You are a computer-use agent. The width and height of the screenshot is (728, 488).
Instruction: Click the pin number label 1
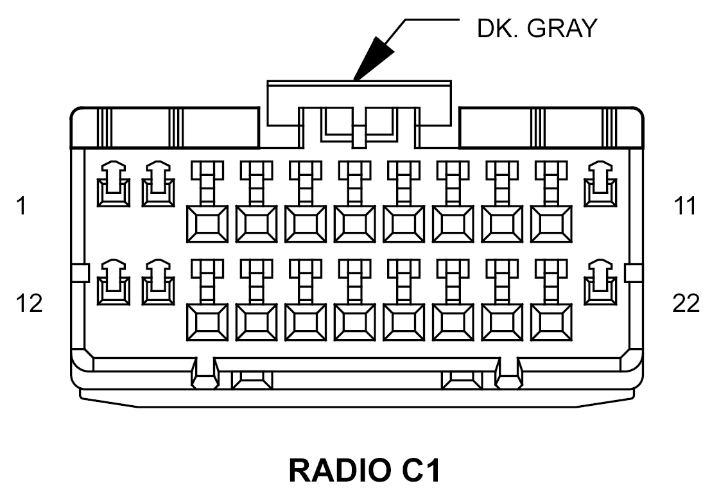[x=22, y=206]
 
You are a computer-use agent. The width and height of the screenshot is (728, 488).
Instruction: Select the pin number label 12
[x=29, y=302]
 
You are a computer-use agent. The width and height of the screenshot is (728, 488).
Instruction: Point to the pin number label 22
[x=686, y=302]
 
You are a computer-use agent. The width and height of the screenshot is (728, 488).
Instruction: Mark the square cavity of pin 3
[x=207, y=224]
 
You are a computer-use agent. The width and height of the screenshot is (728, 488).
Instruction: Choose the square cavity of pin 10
[x=551, y=224]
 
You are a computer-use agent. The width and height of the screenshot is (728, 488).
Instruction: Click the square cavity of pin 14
[x=207, y=322]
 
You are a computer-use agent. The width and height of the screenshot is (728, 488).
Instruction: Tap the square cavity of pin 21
[x=551, y=322]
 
